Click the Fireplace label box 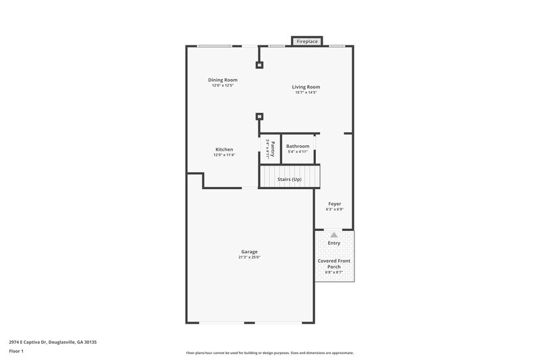click(307, 42)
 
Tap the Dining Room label click(222, 80)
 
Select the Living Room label click(306, 86)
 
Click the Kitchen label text click(224, 149)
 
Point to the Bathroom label click(298, 146)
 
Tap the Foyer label click(334, 203)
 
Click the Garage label click(249, 251)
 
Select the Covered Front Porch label click(334, 263)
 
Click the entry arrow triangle click(333, 234)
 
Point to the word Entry click(334, 243)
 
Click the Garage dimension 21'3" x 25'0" click(249, 257)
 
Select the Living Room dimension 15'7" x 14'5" click(306, 93)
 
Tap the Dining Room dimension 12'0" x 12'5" click(222, 86)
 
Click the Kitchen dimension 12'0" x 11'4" click(224, 155)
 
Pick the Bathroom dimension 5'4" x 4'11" click(298, 152)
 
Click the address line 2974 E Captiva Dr click(53, 342)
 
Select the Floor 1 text click(17, 352)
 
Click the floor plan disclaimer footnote click(269, 353)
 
